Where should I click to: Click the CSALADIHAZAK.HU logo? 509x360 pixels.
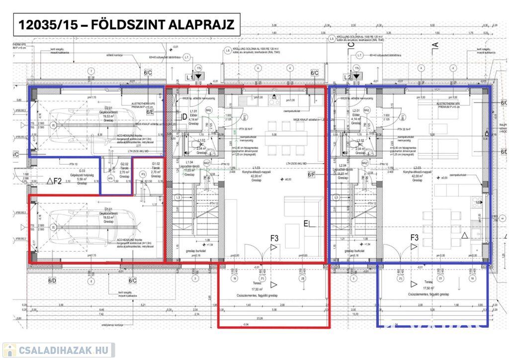pos(58,350)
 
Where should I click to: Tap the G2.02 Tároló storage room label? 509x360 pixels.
pos(125,170)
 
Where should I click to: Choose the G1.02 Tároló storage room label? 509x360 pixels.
pos(155,170)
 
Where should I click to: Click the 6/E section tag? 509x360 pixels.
pos(150,112)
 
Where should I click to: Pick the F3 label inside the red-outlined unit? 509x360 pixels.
pos(274,238)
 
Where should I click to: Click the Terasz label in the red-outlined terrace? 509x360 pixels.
pos(256,282)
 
